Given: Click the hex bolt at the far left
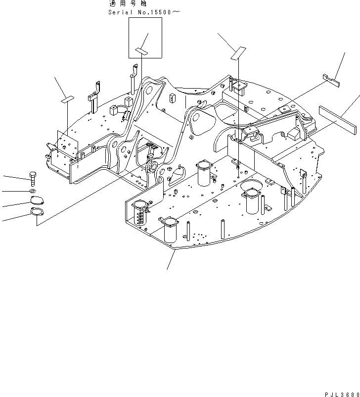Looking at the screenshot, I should click(33, 178).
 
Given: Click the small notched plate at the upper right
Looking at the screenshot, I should click(330, 79).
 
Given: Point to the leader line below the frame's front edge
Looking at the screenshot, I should click(171, 260).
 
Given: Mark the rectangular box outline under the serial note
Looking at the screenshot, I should click(145, 38).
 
